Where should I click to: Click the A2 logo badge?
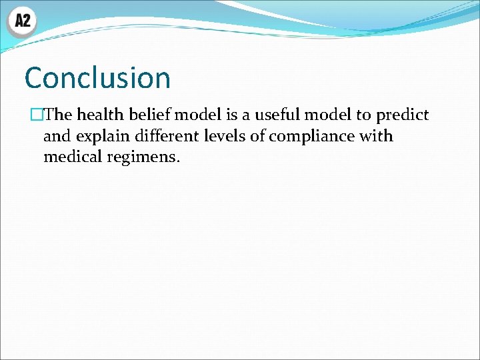click(22, 21)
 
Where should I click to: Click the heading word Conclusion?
click(97, 78)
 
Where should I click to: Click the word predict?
click(402, 115)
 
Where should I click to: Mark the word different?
click(167, 136)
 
